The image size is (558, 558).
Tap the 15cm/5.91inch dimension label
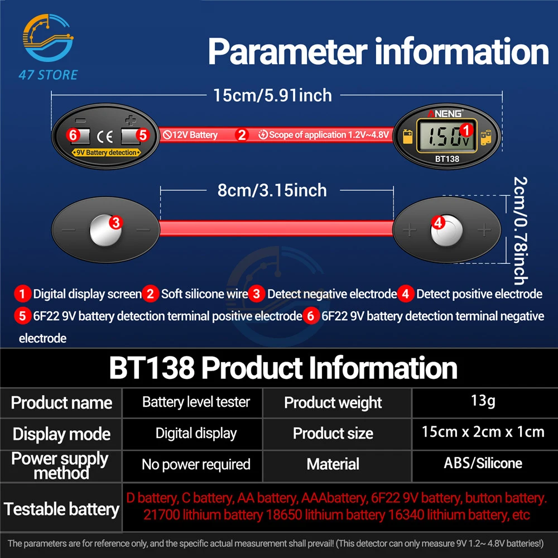pyautogui.click(x=272, y=95)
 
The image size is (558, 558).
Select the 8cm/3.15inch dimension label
pyautogui.click(x=272, y=190)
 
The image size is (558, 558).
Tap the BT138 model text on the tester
pyautogui.click(x=447, y=158)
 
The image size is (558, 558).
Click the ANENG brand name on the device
pyautogui.click(x=445, y=114)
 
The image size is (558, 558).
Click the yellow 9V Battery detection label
pyautogui.click(x=105, y=152)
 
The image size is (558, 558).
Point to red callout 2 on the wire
pyautogui.click(x=241, y=134)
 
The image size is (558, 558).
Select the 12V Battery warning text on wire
pyautogui.click(x=190, y=134)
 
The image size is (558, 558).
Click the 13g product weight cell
pyautogui.click(x=483, y=401)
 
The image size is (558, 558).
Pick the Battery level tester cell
pyautogui.click(x=196, y=402)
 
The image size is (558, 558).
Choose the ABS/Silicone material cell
pyautogui.click(x=483, y=463)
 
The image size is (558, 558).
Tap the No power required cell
pyautogui.click(x=196, y=464)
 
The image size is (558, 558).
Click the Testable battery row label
pyautogui.click(x=61, y=508)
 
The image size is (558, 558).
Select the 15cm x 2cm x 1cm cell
pyautogui.click(x=483, y=432)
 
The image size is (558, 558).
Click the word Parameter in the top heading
pyautogui.click(x=288, y=52)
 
